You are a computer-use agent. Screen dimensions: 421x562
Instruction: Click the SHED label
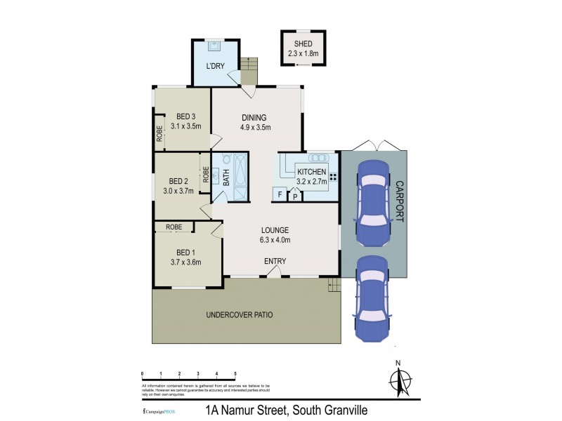pyautogui.click(x=303, y=44)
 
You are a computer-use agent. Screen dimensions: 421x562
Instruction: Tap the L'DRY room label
pyautogui.click(x=215, y=67)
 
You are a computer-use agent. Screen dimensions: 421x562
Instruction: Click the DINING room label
pyautogui.click(x=255, y=117)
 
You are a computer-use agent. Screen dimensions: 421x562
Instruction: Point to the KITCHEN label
pyautogui.click(x=311, y=172)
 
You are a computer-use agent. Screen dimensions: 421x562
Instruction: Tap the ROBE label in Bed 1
pyautogui.click(x=174, y=227)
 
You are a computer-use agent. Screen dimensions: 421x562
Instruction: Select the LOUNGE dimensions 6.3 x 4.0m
pyautogui.click(x=275, y=240)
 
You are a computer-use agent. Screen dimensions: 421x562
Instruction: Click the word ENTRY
pyautogui.click(x=275, y=262)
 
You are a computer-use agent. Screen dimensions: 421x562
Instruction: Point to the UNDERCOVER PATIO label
pyautogui.click(x=239, y=315)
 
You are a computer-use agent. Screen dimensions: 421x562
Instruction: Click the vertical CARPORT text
pyautogui.click(x=400, y=201)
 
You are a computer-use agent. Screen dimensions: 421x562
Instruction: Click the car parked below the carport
pyautogui.click(x=372, y=298)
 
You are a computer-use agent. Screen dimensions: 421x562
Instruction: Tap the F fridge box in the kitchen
pyautogui.click(x=280, y=194)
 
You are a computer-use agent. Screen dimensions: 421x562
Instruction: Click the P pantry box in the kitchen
pyautogui.click(x=295, y=196)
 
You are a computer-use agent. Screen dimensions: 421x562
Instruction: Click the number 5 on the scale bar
pyautogui.click(x=235, y=374)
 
